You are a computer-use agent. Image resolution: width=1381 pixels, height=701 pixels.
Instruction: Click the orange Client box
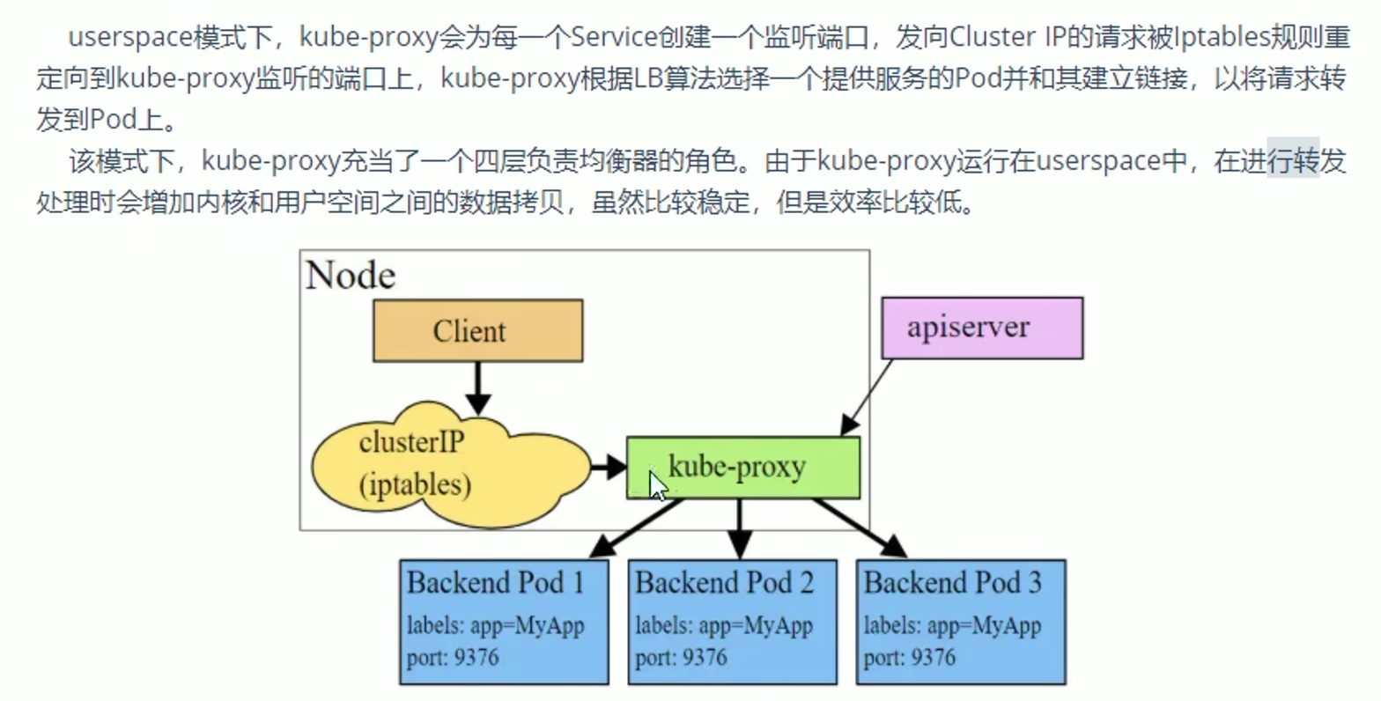click(477, 330)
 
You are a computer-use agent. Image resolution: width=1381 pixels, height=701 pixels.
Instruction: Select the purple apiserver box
click(982, 328)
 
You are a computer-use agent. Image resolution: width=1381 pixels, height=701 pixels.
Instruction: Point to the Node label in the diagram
click(351, 276)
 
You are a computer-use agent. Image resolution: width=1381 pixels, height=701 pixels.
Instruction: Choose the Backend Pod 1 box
click(504, 622)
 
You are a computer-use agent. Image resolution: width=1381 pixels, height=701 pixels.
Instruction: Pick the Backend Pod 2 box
click(732, 622)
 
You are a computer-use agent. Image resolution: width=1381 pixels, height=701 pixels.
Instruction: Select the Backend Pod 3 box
click(961, 622)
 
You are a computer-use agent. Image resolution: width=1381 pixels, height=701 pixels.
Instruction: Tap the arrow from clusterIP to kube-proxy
click(609, 467)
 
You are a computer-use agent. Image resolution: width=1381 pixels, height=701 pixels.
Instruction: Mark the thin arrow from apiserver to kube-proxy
click(868, 396)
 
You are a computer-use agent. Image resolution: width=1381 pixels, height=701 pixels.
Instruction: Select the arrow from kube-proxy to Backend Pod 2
click(740, 528)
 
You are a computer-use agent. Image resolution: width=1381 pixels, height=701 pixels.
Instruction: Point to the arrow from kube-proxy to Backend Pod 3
click(860, 528)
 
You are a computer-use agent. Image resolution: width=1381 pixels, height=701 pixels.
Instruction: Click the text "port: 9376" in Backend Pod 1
click(453, 658)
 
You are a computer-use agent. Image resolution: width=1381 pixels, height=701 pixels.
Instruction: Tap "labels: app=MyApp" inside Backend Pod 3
click(952, 626)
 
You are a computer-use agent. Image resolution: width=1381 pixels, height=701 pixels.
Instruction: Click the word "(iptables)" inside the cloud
click(415, 484)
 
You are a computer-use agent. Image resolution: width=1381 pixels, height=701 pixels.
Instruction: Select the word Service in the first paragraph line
click(614, 37)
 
